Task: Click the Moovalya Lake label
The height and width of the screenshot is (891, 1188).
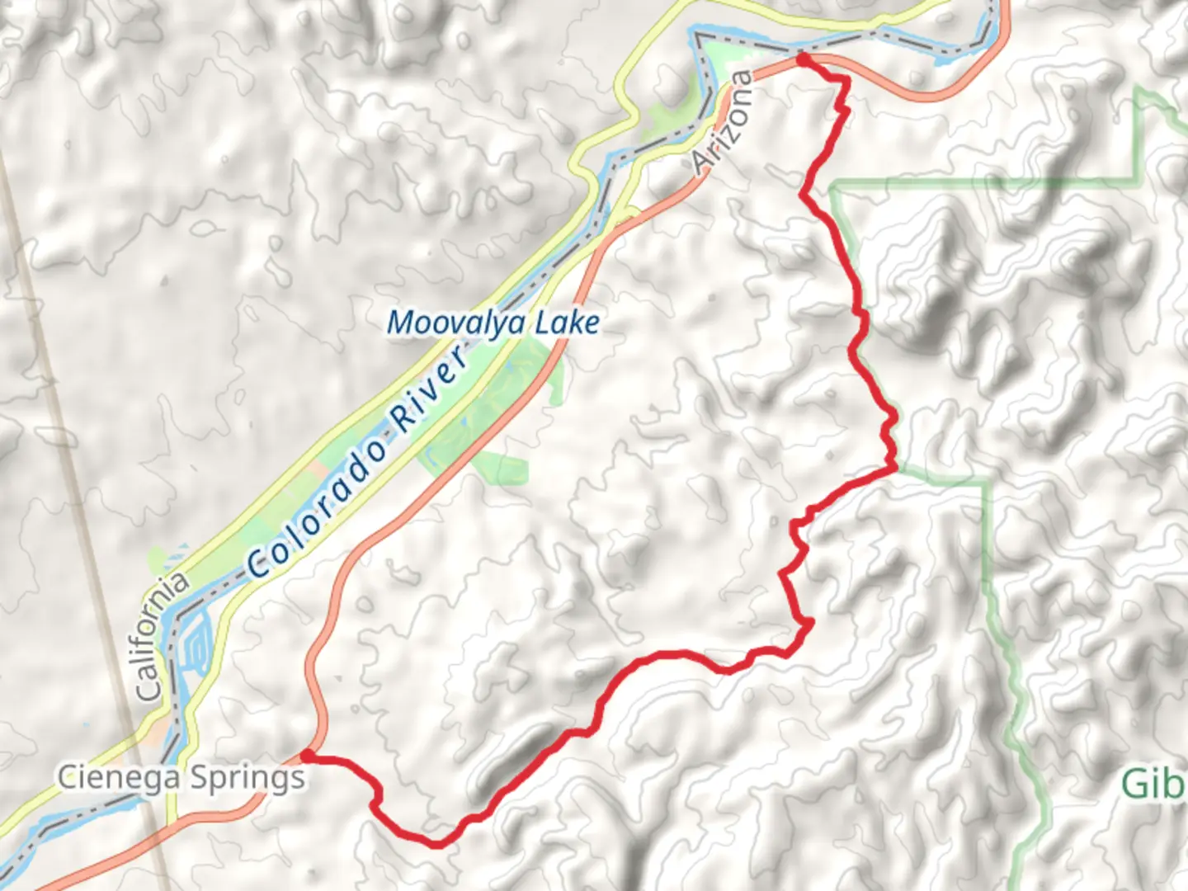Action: coord(493,323)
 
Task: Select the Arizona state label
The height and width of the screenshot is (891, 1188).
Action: coord(723,122)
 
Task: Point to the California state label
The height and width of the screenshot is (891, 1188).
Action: coord(161,637)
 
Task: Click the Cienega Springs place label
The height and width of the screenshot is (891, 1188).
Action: coord(181,778)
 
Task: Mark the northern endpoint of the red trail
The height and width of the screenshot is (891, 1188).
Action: coord(801,59)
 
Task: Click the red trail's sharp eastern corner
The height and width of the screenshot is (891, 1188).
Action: coord(894,469)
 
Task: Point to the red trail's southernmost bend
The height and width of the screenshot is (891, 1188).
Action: coord(436,843)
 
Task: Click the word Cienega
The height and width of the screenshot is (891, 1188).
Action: coord(120,777)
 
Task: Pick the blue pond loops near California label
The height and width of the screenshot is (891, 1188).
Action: coord(197,643)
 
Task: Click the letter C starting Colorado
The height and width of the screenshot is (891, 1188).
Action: coord(259,563)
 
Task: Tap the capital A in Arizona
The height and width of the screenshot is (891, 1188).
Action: coord(702,163)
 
